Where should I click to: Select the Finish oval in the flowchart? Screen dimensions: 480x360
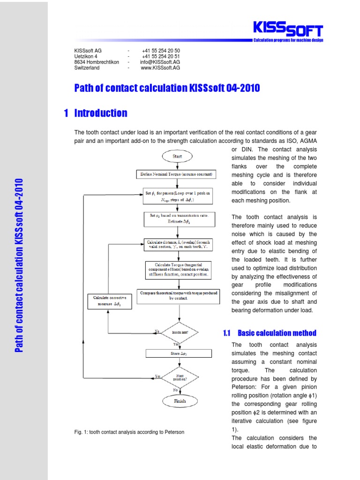pos(180,401)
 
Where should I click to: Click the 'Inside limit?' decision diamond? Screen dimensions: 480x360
pos(180,332)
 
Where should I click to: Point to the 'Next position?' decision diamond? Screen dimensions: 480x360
pos(180,376)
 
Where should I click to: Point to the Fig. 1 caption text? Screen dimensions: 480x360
pos(129,432)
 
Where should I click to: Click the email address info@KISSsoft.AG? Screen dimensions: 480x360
pos(160,62)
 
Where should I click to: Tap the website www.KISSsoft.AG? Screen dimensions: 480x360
pos(160,68)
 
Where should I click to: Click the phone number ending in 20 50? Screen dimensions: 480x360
pos(160,51)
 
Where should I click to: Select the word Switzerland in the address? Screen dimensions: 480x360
pos(87,68)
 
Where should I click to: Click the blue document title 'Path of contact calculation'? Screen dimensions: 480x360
pos(167,88)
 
